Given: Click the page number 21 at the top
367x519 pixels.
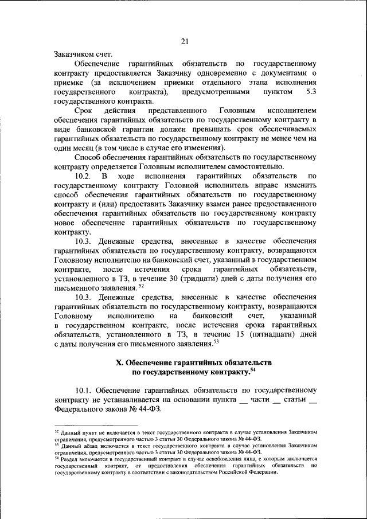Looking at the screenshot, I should click(184, 41).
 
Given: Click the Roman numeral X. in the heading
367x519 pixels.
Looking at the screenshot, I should click(120, 363).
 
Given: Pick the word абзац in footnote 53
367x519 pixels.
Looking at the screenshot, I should click(84, 445).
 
